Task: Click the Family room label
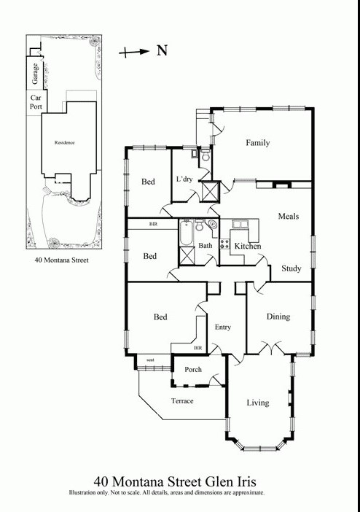[x=257, y=143]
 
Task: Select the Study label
[x=291, y=268]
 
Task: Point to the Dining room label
[x=278, y=317]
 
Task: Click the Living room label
[x=257, y=403]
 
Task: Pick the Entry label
[x=222, y=327]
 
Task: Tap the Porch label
[x=192, y=370]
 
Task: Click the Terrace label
[x=182, y=401]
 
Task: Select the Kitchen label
[x=247, y=247]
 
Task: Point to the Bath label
[x=205, y=247]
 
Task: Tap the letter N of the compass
[x=163, y=51]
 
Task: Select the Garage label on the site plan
[x=34, y=74]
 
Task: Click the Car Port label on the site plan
[x=35, y=102]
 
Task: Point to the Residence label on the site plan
[x=65, y=142]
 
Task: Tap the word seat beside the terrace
[x=150, y=360]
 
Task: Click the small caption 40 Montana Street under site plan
[x=61, y=260]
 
